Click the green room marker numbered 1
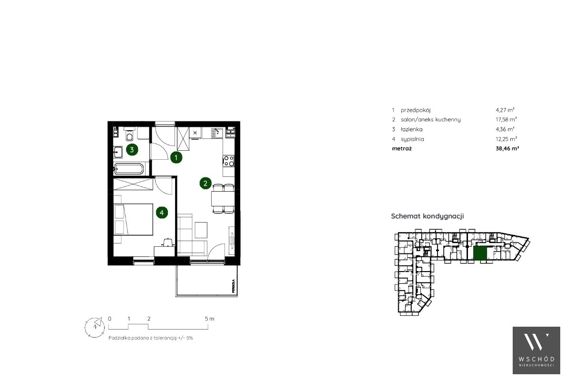tap(176, 157)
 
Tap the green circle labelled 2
tap(205, 184)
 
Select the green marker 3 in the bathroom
tap(132, 149)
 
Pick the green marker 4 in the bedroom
tap(162, 213)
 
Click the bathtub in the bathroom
tap(128, 168)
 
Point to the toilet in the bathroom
tap(130, 136)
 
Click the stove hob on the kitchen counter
tap(229, 161)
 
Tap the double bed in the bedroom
tap(133, 219)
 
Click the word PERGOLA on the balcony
tap(234, 286)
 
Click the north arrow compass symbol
tap(95, 328)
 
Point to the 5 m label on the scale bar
tap(209, 319)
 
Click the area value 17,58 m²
tap(507, 119)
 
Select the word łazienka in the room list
tap(411, 129)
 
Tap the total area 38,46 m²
tap(507, 148)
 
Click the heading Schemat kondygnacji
tap(428, 216)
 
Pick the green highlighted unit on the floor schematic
tap(480, 253)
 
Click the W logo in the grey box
tap(536, 341)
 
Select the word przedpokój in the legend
tap(416, 110)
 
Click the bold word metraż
tap(402, 148)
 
